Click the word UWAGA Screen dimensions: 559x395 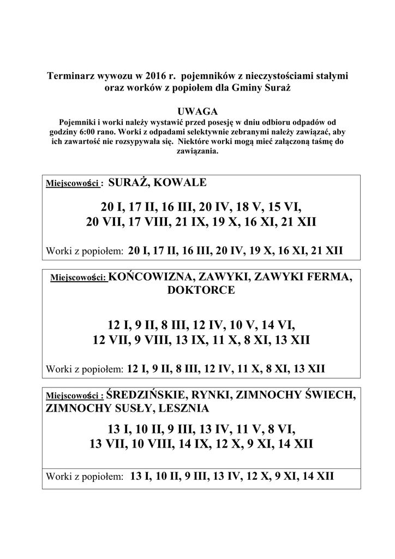[x=198, y=111]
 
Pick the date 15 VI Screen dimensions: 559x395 [x=284, y=208]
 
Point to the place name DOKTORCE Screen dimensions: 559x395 [x=201, y=290]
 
